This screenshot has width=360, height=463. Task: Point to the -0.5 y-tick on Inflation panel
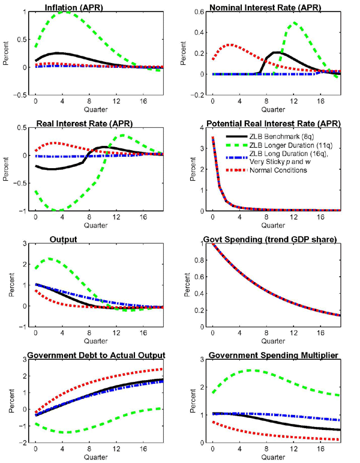tap(22, 95)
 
